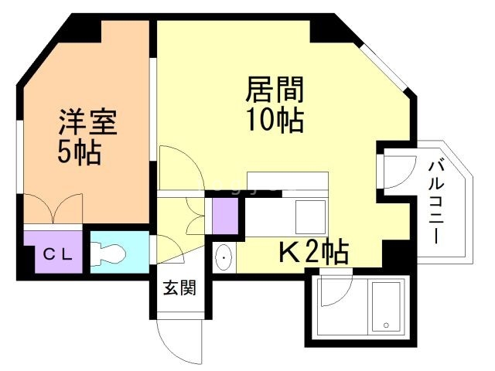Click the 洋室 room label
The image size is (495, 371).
click(x=87, y=122)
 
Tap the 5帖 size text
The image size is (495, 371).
click(x=79, y=152)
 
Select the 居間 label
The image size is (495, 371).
click(x=274, y=90)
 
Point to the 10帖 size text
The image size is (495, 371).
click(x=274, y=121)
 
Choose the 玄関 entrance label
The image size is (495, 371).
click(x=179, y=288)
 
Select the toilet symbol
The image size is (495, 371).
click(x=108, y=253)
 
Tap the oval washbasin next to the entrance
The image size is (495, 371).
click(x=223, y=257)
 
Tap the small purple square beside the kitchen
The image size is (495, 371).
click(x=224, y=213)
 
